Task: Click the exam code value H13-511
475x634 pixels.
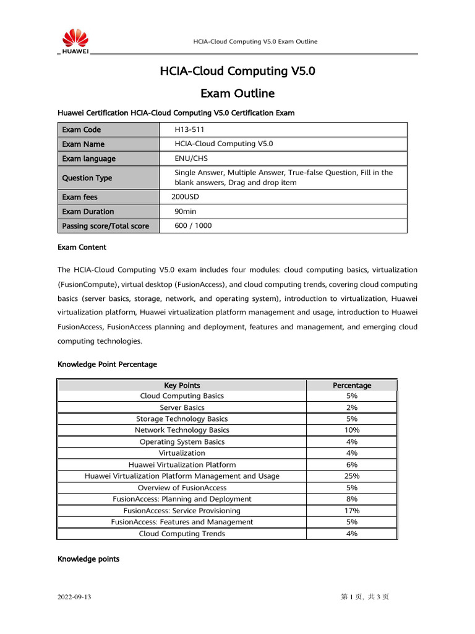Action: [189, 129]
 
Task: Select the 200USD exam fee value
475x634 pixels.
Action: [185, 197]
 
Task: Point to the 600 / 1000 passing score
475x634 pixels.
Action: [193, 226]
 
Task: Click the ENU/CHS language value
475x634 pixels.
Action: [191, 158]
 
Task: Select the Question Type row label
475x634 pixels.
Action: [87, 178]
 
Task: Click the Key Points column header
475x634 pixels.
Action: [182, 385]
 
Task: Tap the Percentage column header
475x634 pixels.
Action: [352, 385]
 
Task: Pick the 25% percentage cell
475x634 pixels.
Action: [352, 476]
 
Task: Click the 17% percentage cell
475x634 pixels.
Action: [352, 511]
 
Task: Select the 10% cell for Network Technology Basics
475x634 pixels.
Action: [352, 430]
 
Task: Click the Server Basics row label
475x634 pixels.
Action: [182, 407]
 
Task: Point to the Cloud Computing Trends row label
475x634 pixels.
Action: [182, 534]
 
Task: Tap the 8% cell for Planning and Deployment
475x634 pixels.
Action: [352, 499]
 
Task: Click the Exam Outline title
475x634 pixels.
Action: [237, 94]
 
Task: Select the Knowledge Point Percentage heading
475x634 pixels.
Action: [107, 364]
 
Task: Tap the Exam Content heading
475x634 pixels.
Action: [82, 247]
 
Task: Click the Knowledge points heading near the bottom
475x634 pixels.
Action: [88, 559]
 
